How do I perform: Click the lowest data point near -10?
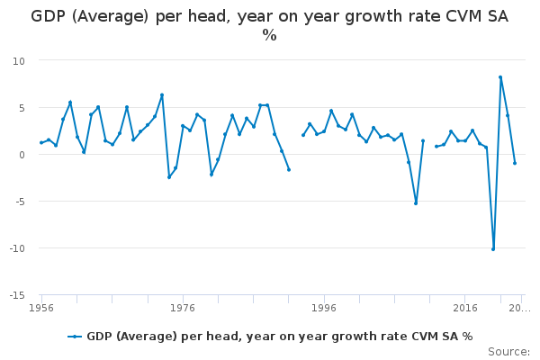pos(493,249)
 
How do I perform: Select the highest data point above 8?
pos(500,77)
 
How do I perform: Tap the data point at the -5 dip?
pos(416,203)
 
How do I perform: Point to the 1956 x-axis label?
pos(41,308)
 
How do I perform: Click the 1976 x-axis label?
pos(183,308)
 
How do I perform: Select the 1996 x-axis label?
pos(324,308)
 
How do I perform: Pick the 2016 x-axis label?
pos(465,308)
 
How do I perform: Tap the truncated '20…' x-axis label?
pos(519,308)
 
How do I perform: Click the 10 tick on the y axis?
pos(19,61)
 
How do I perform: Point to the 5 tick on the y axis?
pos(22,108)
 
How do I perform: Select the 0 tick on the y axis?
pos(22,155)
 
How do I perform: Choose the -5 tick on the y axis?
pos(20,202)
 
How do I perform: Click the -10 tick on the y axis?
pos(17,248)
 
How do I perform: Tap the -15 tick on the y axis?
pos(17,295)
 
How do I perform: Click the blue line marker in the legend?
pos(75,337)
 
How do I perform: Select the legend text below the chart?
pos(280,337)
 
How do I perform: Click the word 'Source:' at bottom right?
pos(509,352)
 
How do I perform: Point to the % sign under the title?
pos(269,35)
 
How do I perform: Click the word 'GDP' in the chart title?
pos(49,16)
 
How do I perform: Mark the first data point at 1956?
pos(41,142)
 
